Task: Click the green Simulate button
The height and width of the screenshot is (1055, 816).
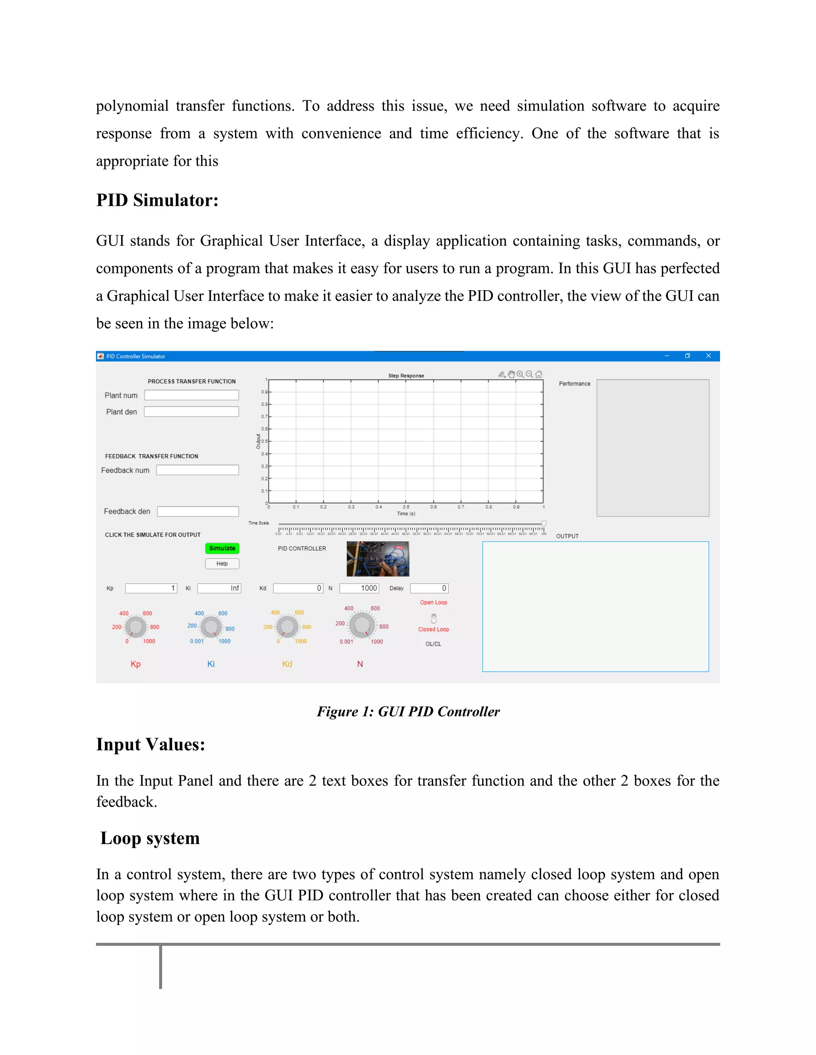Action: point(222,548)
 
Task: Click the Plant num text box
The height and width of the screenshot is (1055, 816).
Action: point(191,395)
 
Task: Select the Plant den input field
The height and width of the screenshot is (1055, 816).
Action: point(191,412)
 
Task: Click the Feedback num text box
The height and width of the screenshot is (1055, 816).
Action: point(197,470)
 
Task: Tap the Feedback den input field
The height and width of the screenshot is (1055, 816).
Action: point(198,511)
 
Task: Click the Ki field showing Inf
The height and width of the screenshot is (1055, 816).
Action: point(219,588)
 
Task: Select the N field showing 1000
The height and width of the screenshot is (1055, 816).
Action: point(359,588)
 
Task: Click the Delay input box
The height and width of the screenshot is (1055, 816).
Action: point(429,588)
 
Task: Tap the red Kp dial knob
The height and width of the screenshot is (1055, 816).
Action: point(135,627)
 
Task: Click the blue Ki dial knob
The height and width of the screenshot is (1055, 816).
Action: point(211,627)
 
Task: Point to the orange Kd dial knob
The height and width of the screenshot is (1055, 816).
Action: point(287,627)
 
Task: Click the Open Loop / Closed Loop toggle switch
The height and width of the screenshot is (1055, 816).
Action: point(433,618)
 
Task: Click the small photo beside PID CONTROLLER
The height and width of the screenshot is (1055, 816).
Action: point(378,559)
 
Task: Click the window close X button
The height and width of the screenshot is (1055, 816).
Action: point(708,356)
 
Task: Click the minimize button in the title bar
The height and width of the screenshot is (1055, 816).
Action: point(667,356)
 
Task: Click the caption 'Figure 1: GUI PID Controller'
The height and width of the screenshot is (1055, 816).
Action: point(408,711)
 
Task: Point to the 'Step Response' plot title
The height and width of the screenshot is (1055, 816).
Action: point(406,375)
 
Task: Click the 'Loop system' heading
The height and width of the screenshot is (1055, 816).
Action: point(150,838)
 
